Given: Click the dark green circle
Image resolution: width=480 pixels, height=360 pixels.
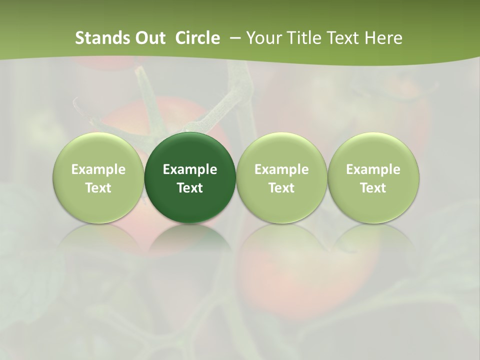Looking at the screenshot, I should click(x=190, y=178).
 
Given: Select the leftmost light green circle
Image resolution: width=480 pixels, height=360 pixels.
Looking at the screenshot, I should click(x=98, y=178).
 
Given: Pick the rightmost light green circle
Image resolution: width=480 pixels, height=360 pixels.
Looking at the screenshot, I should click(x=373, y=178).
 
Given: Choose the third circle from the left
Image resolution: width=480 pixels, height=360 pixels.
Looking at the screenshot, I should click(x=281, y=178).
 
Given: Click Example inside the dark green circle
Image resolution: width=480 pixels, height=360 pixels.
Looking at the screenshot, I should click(x=190, y=169).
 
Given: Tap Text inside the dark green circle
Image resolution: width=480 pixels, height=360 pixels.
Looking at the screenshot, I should click(x=190, y=188).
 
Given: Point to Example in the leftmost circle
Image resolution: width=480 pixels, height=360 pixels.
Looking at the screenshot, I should click(x=98, y=169).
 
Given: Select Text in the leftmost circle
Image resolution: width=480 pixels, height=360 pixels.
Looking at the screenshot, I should click(x=98, y=188).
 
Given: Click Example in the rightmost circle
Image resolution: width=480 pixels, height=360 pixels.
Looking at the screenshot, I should click(x=373, y=169).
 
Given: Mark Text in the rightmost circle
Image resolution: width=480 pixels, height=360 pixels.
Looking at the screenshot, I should click(x=373, y=188).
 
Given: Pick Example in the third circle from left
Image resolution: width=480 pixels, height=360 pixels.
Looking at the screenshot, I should click(x=281, y=169).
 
